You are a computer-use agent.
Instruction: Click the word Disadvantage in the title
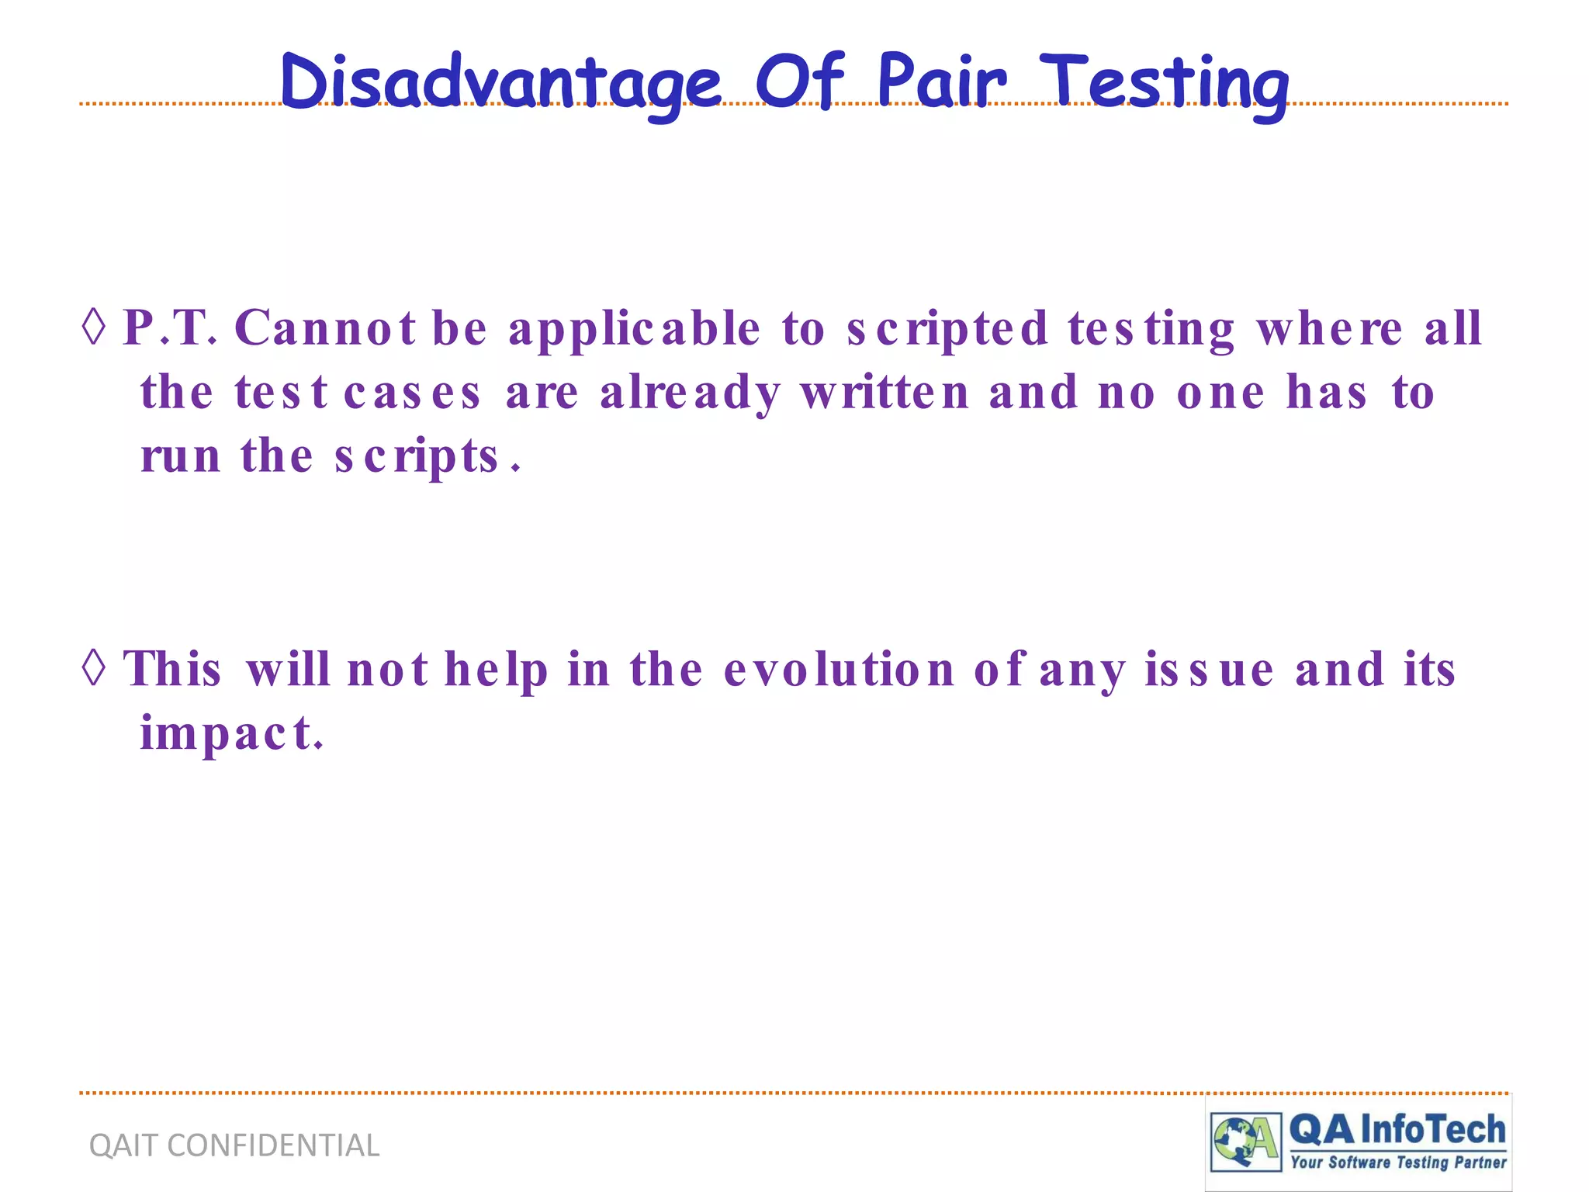pos(500,83)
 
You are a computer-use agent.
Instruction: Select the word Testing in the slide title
pos(1165,83)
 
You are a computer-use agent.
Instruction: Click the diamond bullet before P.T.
pos(94,327)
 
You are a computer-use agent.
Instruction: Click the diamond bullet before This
pos(94,668)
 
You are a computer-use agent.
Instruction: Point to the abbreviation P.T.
pos(170,327)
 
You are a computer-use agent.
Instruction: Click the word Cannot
pos(325,327)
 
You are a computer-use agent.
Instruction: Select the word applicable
pos(634,329)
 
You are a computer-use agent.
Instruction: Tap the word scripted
pos(947,329)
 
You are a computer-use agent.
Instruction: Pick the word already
pos(690,393)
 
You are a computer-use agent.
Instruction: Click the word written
pos(885,393)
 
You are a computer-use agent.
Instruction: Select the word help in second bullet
pos(496,670)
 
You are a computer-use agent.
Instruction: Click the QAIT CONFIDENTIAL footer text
pos(234,1145)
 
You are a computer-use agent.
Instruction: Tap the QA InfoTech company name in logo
pos(1397,1130)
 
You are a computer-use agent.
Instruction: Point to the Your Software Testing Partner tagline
pos(1398,1163)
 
